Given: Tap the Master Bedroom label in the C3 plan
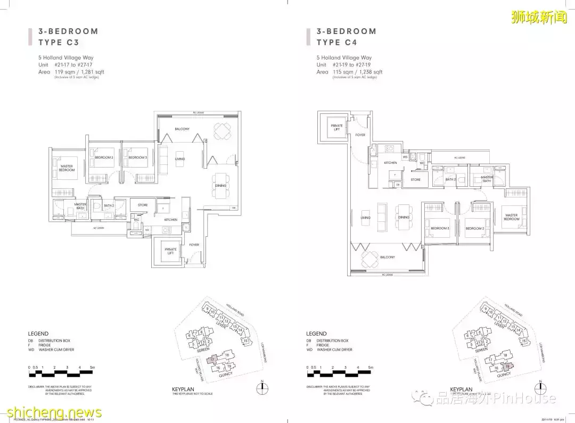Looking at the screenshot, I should tap(67, 168).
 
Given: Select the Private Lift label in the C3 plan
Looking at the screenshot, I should tap(170, 250).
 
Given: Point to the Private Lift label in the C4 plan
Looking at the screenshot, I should tap(336, 127).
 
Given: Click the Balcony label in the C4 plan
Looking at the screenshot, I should tap(387, 258).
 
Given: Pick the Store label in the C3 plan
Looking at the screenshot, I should tap(143, 205).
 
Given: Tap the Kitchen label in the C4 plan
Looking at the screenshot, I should tap(390, 162).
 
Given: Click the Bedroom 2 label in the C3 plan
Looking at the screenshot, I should tap(104, 157).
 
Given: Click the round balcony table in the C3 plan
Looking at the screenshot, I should tap(220, 130).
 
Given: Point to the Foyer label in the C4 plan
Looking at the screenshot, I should tap(360, 135).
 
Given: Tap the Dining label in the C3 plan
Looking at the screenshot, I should tap(220, 186).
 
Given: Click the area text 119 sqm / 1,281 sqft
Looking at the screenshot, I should tap(77, 72).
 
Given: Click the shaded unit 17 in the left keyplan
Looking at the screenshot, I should tap(212, 360).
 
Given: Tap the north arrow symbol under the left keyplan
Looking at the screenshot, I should tap(262, 388).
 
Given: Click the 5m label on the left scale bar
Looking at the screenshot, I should tap(92, 368).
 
